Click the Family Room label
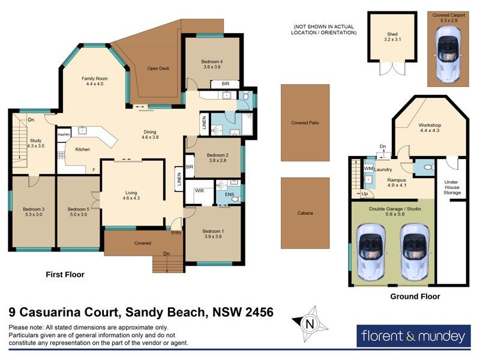pos(95,81)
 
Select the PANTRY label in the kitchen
pos(64,136)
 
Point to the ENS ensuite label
pos(229,195)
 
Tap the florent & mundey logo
pos(413,335)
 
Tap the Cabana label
pos(305,213)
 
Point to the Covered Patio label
pos(305,122)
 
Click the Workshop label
pos(430,128)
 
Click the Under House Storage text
pos(452,187)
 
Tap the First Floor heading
pos(65,274)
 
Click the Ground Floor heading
pos(415,296)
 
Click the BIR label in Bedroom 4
pos(226,84)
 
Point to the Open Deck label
pos(158,68)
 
